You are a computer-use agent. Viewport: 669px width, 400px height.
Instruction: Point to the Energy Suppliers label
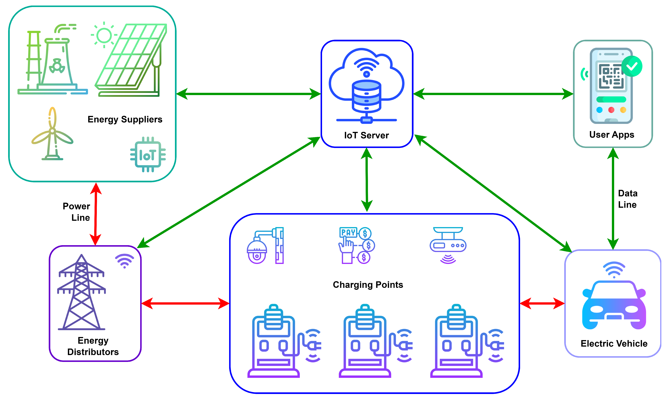click(x=125, y=119)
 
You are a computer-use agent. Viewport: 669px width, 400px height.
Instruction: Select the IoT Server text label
click(x=366, y=135)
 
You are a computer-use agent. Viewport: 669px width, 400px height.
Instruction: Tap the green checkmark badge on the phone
click(x=632, y=66)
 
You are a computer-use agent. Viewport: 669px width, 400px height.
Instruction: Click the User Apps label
click(x=612, y=134)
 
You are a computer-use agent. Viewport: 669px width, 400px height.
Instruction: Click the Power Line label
click(x=77, y=212)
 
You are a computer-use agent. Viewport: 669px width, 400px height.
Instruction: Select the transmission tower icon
click(x=81, y=292)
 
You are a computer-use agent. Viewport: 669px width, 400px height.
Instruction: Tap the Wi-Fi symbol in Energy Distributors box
click(x=124, y=261)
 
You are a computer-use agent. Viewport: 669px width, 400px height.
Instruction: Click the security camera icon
click(x=265, y=246)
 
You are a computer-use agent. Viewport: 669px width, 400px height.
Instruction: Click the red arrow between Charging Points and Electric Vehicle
click(x=542, y=303)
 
